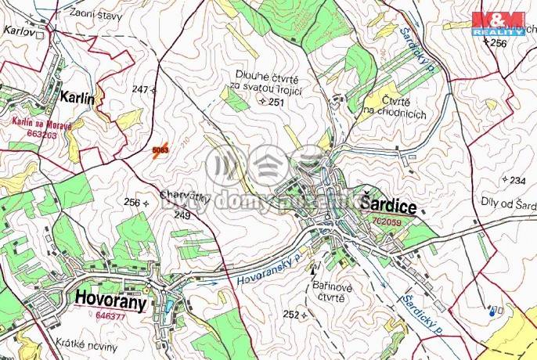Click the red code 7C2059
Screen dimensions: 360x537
coord(387,221)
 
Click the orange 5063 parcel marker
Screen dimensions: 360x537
coord(160,150)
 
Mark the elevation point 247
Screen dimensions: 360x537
coord(140,90)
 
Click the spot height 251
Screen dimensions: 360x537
coord(275,103)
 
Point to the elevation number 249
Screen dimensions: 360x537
coord(182,214)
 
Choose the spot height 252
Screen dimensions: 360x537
coord(291,315)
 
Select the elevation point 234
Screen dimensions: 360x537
coord(517,181)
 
